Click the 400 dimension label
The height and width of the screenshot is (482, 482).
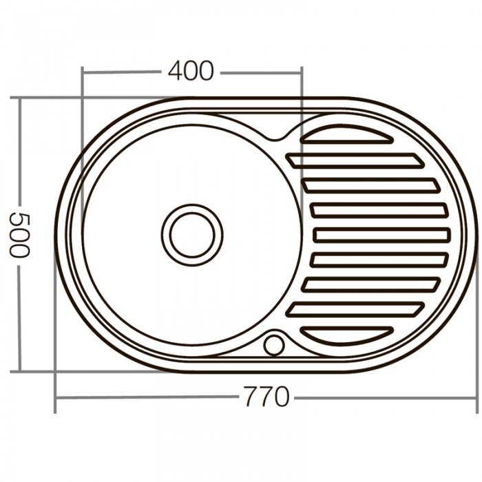coord(189,71)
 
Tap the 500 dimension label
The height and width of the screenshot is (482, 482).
coord(21,233)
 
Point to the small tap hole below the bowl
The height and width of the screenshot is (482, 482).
coord(275,342)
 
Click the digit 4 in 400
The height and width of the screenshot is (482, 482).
coord(173,71)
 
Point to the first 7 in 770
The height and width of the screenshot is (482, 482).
coord(248,398)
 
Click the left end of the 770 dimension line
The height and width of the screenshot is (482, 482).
coord(56,398)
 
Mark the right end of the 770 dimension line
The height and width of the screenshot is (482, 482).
coord(476,398)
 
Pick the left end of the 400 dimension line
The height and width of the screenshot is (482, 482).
coord(82,70)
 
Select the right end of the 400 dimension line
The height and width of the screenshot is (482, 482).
coord(302,70)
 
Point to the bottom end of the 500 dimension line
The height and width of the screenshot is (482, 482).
coord(21,372)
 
